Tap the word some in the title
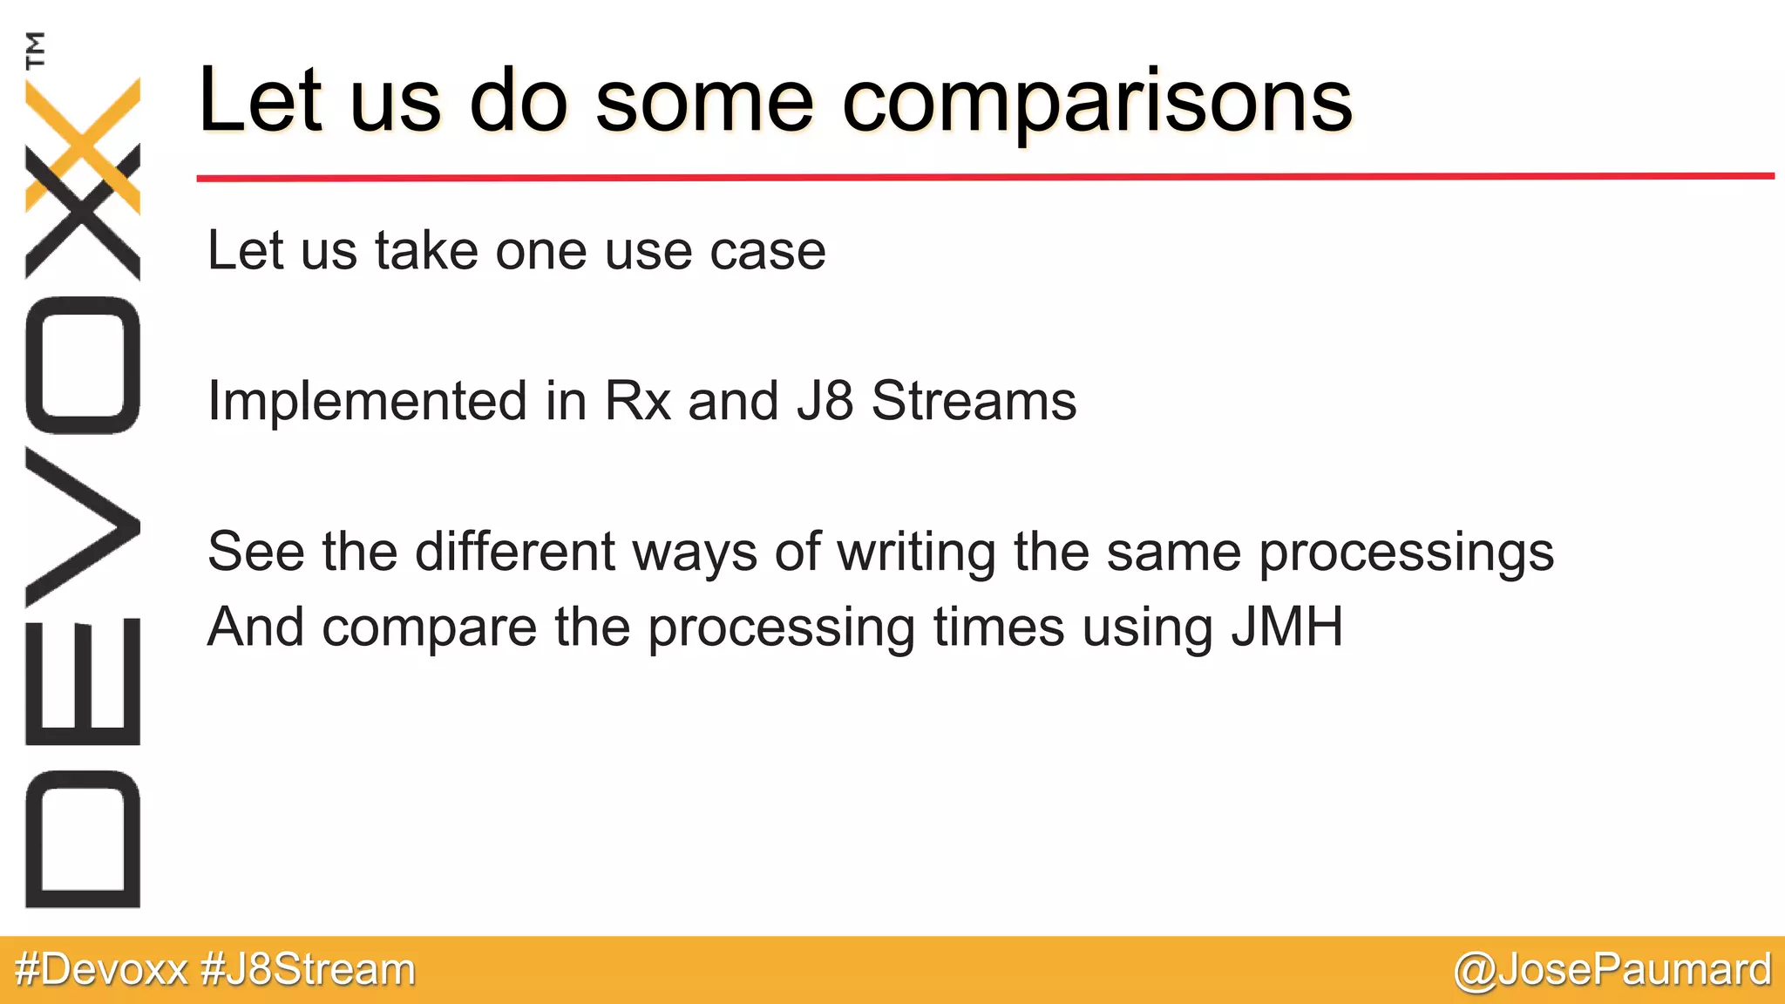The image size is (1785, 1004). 704,103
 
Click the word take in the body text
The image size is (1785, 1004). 426,251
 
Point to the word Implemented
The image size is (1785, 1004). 367,402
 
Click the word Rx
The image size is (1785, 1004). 637,402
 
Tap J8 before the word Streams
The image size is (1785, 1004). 825,402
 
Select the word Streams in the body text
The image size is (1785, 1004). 974,402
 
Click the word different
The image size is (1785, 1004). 515,552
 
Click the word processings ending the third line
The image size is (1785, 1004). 1406,553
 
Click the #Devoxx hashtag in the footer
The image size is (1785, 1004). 102,970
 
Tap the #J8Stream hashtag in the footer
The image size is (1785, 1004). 308,970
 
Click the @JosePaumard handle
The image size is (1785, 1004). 1612,970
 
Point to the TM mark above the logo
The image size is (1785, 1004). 35,50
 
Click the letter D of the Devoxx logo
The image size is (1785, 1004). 83,839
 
